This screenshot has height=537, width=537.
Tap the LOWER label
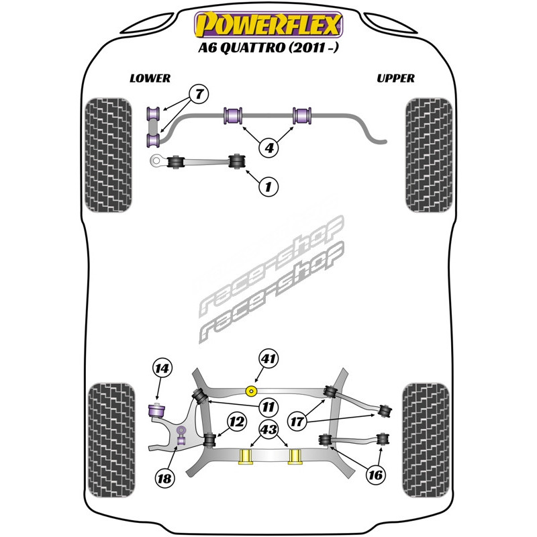150,79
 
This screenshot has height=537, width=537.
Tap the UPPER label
395,79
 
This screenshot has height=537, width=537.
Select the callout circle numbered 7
198,94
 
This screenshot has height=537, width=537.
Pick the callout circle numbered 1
268,186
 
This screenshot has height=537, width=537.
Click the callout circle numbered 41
268,360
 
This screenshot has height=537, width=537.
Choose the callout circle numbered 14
162,368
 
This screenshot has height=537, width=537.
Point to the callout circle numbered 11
268,406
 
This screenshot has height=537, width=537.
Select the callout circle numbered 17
297,422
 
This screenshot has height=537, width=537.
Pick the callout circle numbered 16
375,475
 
